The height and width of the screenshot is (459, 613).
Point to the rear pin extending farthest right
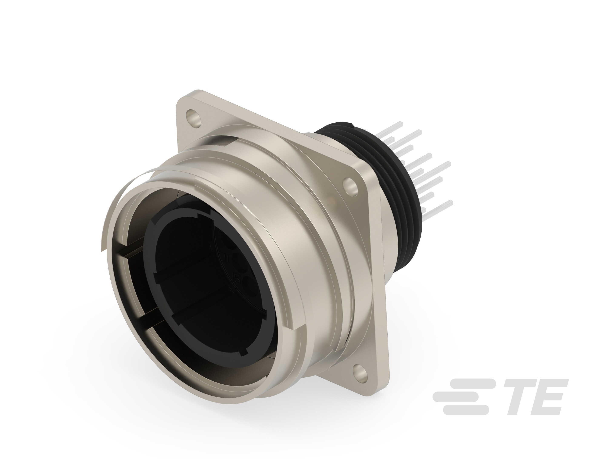449,163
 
